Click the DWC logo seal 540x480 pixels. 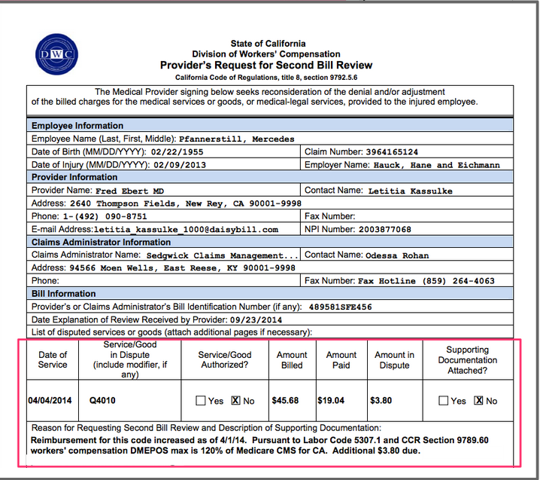pos(56,54)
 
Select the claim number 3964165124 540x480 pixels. pos(402,152)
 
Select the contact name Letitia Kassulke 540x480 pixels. pos(410,191)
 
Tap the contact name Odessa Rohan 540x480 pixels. pos(397,255)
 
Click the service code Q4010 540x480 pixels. pos(103,401)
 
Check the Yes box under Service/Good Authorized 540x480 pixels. pos(200,401)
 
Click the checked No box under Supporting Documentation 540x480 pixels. pos(478,401)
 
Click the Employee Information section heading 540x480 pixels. pos(77,126)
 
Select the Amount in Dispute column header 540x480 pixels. pos(394,360)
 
